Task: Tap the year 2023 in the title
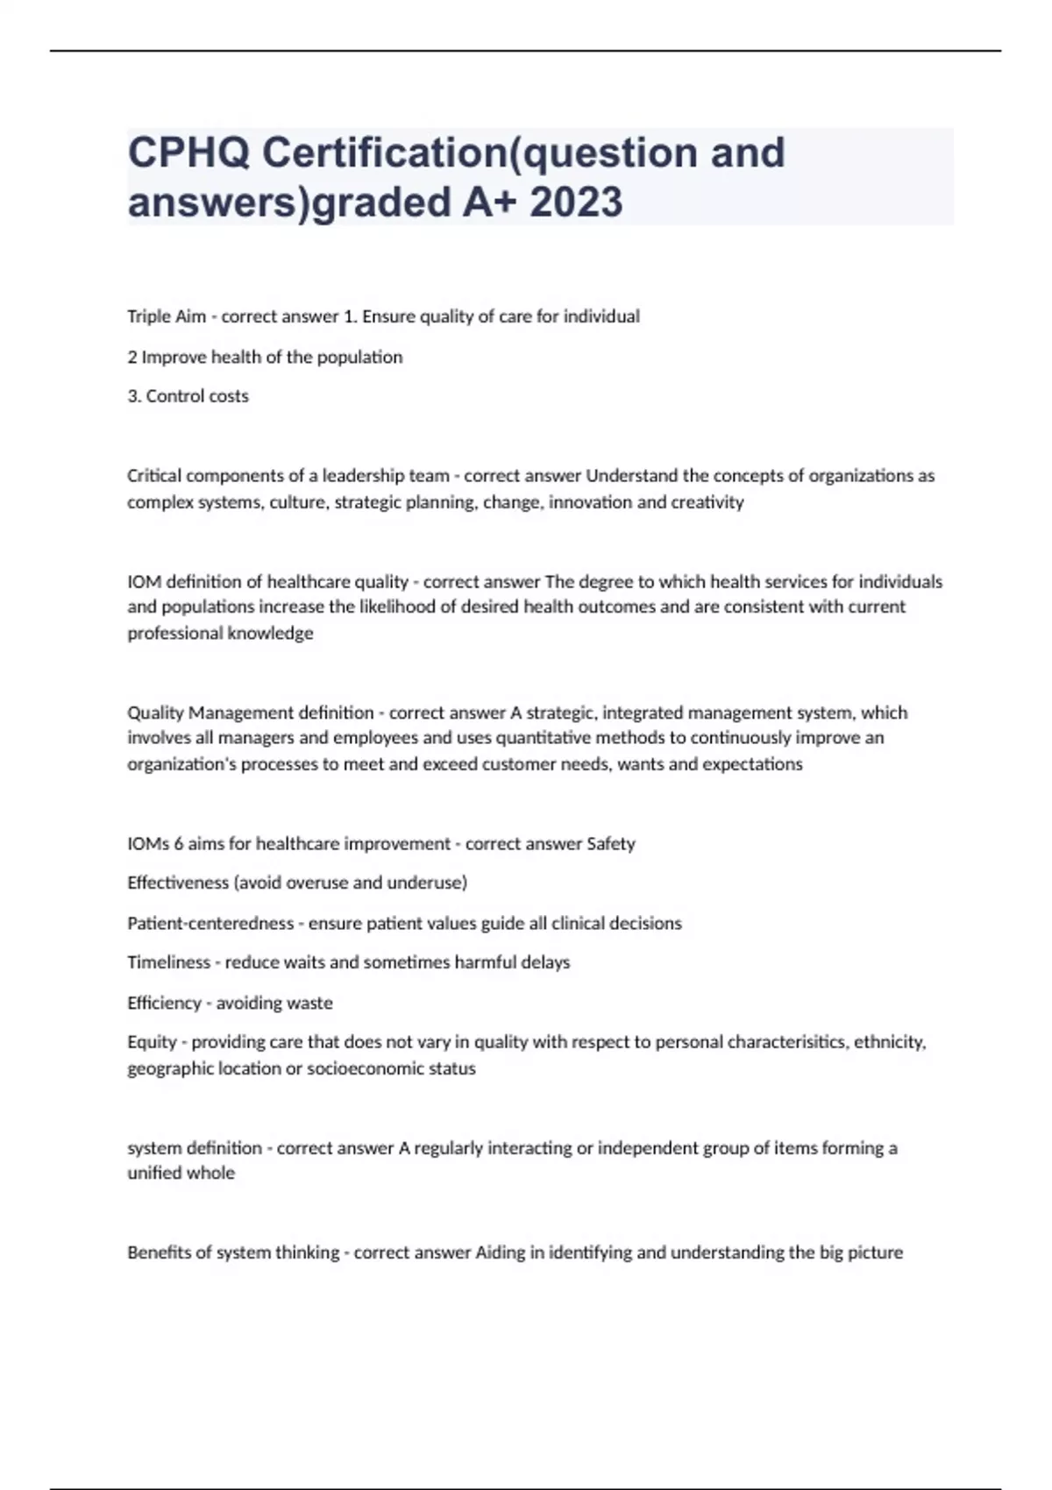pos(576,202)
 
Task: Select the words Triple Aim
pos(167,316)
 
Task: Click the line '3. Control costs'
pos(188,396)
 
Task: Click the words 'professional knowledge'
pos(220,633)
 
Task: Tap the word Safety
pos(611,844)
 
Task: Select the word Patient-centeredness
pos(210,923)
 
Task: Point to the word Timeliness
pos(168,962)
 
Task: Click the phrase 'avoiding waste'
pos(274,1003)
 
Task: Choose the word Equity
pos(152,1042)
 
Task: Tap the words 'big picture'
pos(861,1252)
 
